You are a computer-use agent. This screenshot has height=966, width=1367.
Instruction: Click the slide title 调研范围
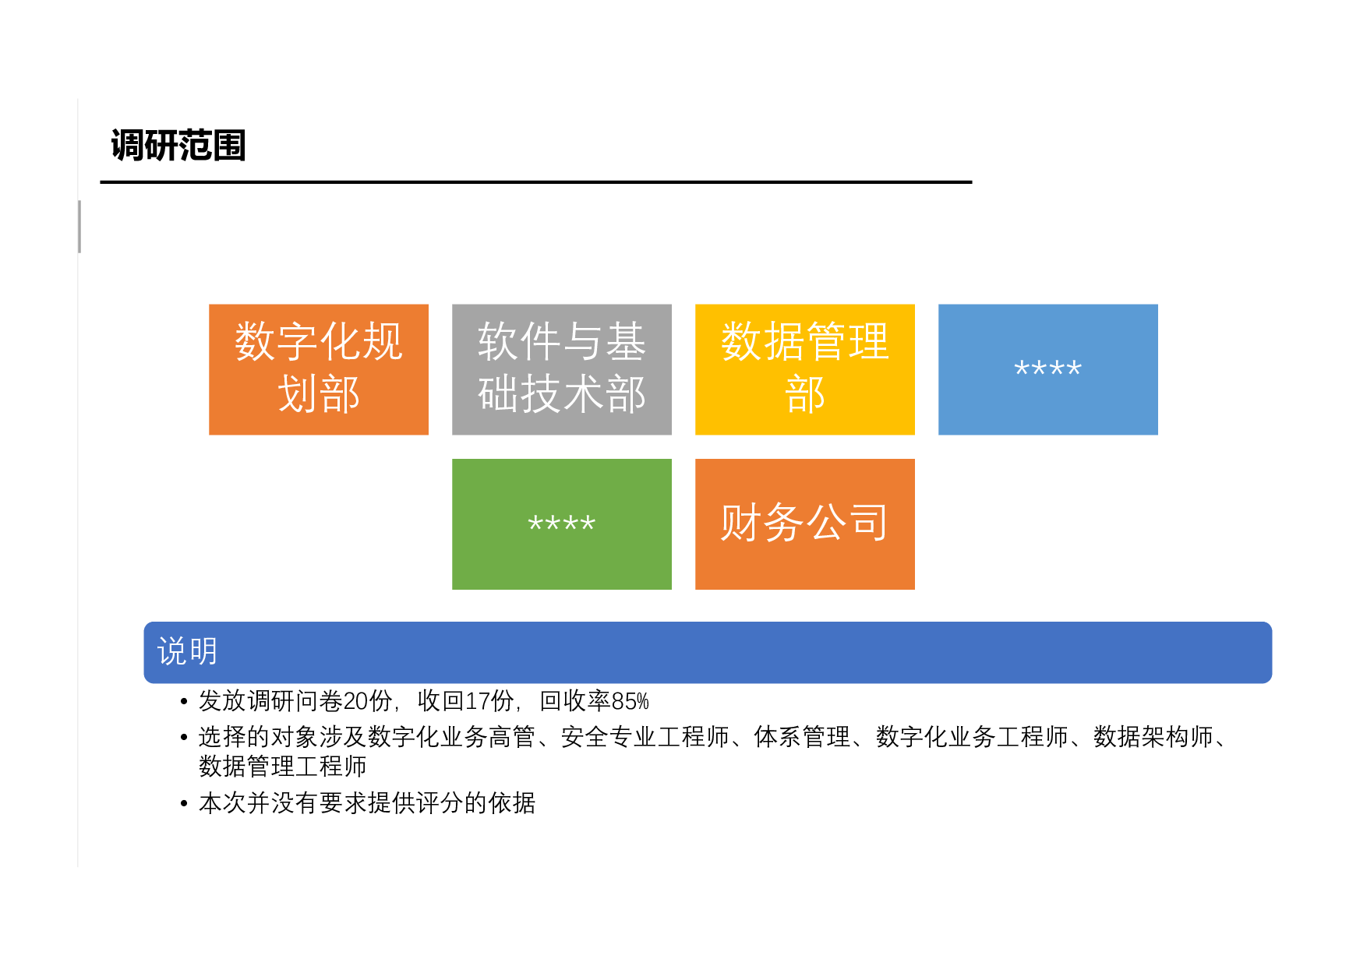tap(178, 146)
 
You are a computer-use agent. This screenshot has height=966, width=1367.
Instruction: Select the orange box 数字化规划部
tap(318, 369)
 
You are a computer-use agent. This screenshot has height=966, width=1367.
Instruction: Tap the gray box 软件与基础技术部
tap(561, 369)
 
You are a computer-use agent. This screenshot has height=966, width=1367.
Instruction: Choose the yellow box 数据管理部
tap(804, 369)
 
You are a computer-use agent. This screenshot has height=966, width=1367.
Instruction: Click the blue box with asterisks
tap(1047, 369)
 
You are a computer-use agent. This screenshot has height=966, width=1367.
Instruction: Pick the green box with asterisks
tap(561, 524)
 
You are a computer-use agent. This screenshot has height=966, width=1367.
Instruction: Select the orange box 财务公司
tap(804, 524)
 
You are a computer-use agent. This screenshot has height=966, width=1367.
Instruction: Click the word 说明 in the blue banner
tap(187, 651)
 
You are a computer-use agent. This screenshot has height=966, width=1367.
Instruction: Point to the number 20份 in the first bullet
tap(368, 701)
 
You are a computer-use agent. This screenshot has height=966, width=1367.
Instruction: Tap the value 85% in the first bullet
tap(631, 701)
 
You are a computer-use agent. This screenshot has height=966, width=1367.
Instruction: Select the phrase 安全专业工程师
tap(645, 737)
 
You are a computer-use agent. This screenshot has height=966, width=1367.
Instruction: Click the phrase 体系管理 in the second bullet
tap(802, 737)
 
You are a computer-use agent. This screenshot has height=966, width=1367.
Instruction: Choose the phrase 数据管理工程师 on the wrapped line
tap(282, 767)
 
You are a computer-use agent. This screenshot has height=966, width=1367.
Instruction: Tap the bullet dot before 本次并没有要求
tap(184, 804)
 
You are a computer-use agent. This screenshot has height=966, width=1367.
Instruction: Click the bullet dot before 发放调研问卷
tap(184, 702)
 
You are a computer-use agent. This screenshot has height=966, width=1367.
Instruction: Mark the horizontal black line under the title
tap(535, 182)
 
